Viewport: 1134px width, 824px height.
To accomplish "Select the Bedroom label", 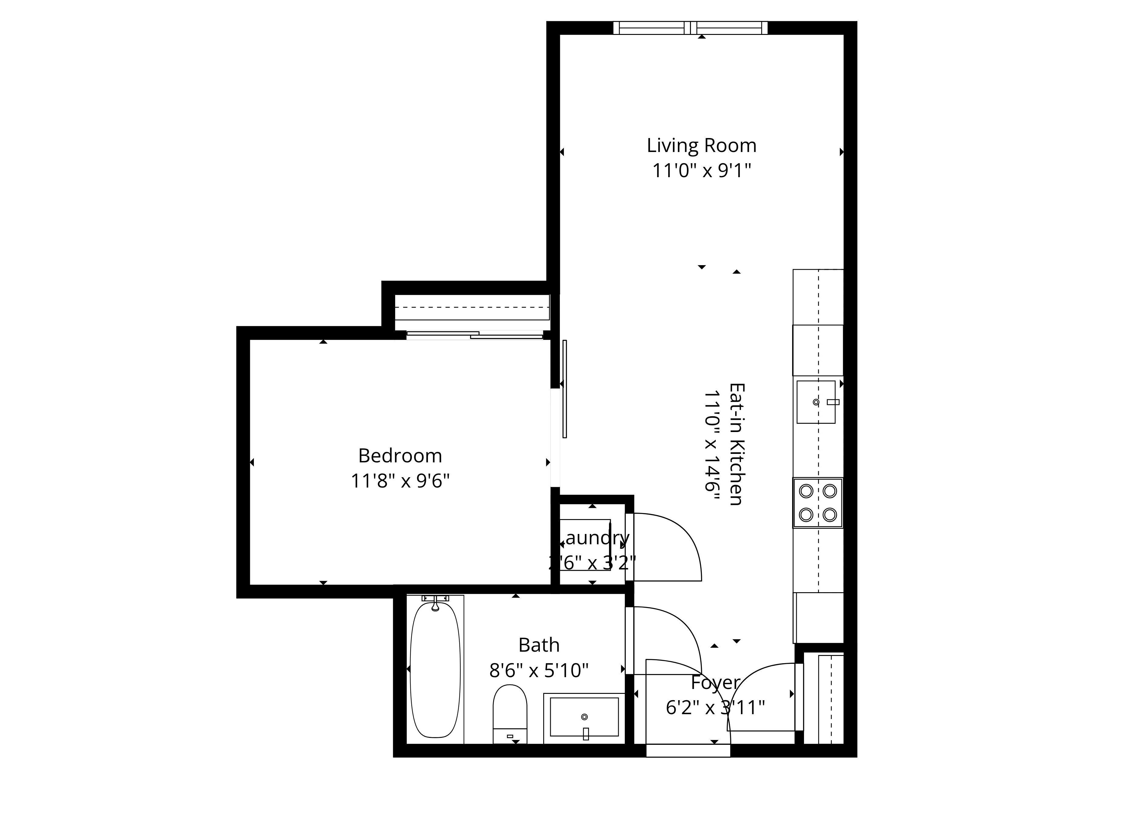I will pos(400,456).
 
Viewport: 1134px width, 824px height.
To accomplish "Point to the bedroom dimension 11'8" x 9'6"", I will pos(400,481).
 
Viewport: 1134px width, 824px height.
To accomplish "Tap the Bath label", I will pos(539,645).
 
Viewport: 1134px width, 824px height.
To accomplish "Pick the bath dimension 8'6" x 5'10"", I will pos(539,670).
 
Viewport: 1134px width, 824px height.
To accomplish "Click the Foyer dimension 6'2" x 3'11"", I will pos(715,708).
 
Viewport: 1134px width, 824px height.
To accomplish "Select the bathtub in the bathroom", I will pos(435,670).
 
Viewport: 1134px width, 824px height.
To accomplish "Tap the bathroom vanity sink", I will pos(584,717).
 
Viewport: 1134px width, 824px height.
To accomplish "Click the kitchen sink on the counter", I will pos(816,402).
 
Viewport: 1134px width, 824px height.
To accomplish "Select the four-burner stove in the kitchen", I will pos(817,503).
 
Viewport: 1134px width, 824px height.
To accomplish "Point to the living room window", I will pos(690,28).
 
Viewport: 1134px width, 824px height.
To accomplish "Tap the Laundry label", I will pos(595,538).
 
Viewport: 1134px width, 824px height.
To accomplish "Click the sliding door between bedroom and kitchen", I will pos(564,389).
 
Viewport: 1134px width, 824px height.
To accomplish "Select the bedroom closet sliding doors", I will pos(475,335).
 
